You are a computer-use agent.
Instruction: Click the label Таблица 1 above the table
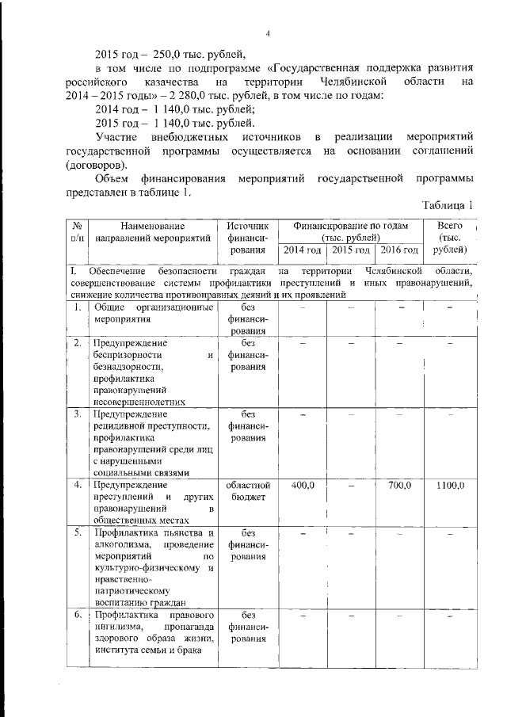pyautogui.click(x=448, y=206)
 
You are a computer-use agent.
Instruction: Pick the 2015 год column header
pyautogui.click(x=351, y=250)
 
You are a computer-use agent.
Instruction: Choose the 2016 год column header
pyautogui.click(x=399, y=250)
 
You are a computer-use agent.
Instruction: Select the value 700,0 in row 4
pyautogui.click(x=399, y=485)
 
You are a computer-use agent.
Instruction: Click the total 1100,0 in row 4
pyautogui.click(x=449, y=485)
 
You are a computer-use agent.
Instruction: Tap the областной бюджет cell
pyautogui.click(x=249, y=490)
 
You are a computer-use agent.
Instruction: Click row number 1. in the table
pyautogui.click(x=77, y=307)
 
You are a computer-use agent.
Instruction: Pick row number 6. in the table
pyautogui.click(x=77, y=614)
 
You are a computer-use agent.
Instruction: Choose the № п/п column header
pyautogui.click(x=77, y=231)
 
